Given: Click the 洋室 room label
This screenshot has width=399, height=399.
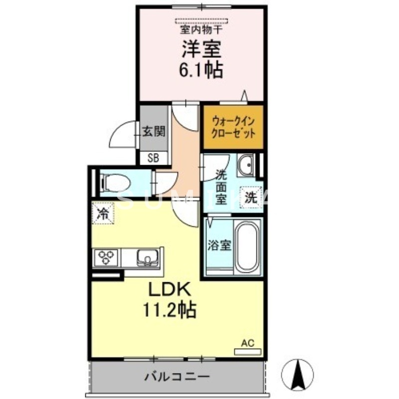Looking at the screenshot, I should point(201,49).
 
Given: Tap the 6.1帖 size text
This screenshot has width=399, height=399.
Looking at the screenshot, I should point(201,70).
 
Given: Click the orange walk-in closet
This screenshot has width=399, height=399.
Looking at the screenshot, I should point(233,128).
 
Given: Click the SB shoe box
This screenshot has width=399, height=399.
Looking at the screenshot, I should point(153,158).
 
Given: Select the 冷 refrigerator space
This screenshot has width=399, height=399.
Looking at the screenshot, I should point(103,214).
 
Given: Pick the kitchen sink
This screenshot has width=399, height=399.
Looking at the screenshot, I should point(148,258).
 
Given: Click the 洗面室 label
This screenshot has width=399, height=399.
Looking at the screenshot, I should point(221,187).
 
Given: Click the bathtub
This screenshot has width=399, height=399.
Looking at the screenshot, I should point(247,247).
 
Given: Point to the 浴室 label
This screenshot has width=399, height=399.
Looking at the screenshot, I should point(219,245).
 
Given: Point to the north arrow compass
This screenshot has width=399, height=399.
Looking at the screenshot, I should point(298,374).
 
